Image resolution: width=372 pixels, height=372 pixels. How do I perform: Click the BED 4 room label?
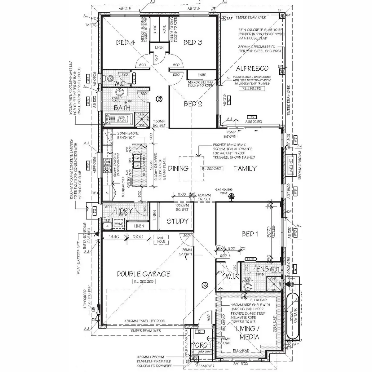point(125,42)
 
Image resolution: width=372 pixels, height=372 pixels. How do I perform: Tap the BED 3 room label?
point(193,42)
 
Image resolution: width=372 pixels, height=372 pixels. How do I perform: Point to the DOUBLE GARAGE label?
point(143,274)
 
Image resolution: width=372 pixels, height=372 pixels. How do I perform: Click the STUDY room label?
point(178,221)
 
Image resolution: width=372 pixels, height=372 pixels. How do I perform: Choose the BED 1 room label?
point(250,234)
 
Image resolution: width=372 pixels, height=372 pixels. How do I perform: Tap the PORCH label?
point(201,345)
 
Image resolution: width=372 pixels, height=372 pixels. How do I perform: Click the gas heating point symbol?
point(231,196)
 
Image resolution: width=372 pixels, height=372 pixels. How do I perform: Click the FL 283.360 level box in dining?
point(210,169)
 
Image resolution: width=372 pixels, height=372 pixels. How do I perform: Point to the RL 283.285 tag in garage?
point(143,282)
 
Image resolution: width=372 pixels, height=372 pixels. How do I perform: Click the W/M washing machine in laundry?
point(118,224)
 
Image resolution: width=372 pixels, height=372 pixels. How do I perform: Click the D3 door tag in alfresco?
point(252,117)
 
